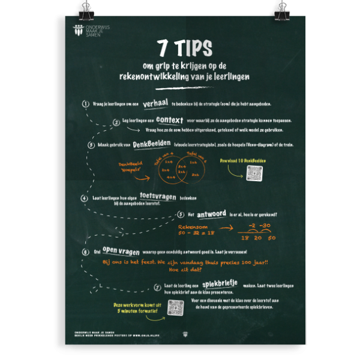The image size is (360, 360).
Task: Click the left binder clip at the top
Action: click(81, 9)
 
